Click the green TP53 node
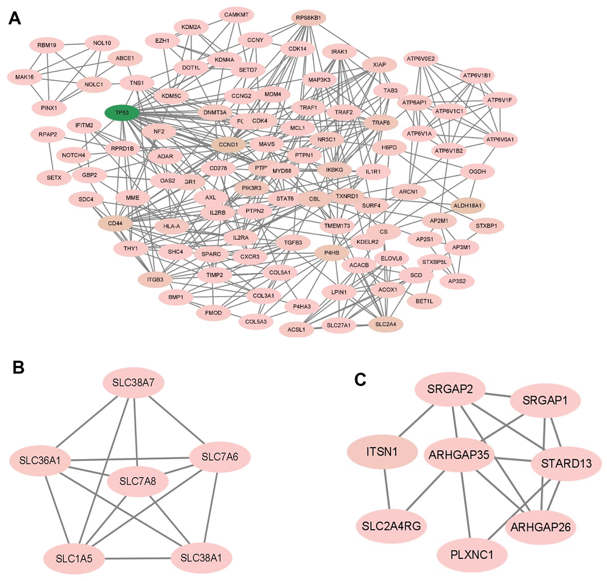122,112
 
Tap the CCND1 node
229,144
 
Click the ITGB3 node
155,278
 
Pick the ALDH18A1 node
469,205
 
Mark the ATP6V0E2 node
421,59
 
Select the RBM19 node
46,45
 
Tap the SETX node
50,177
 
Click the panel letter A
16,19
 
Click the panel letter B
19,368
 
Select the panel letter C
359,379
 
